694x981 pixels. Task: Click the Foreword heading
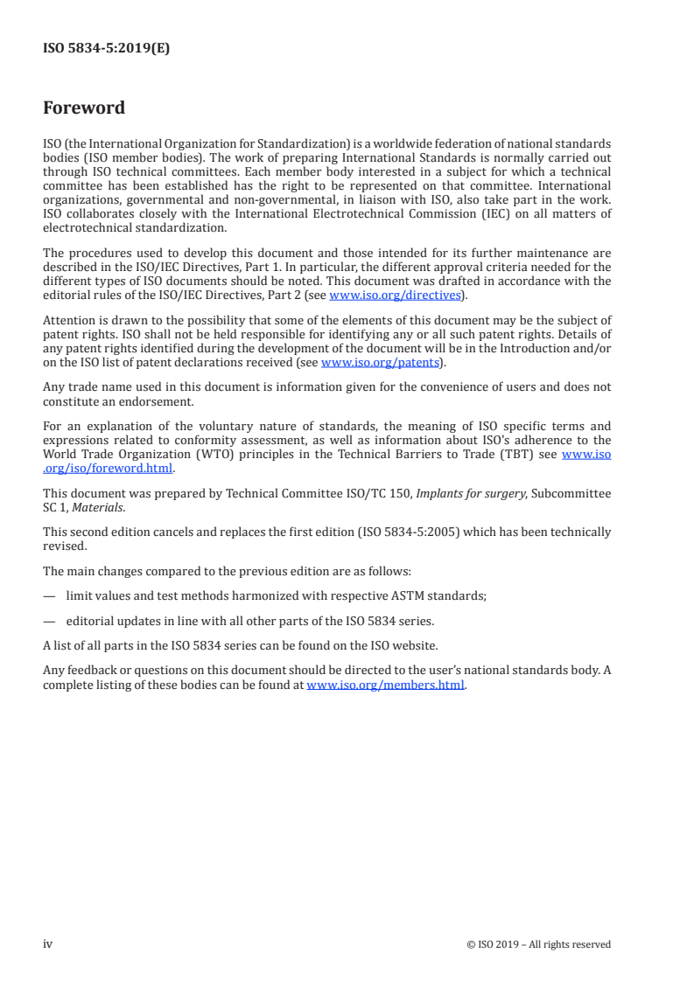[x=84, y=108]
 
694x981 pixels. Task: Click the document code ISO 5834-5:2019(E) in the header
[x=106, y=49]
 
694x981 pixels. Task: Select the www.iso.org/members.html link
[x=385, y=685]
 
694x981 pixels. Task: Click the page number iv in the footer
[x=48, y=943]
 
